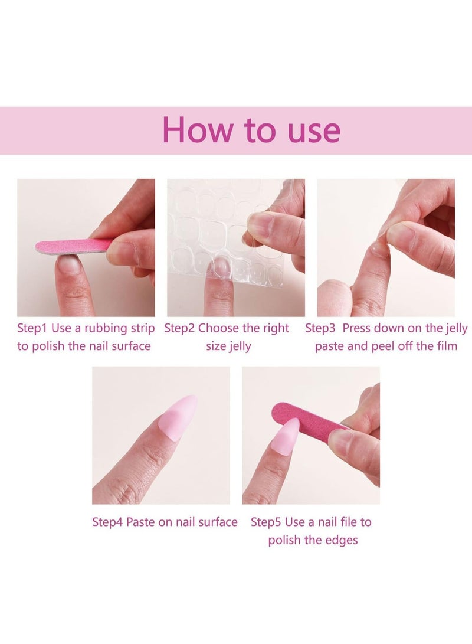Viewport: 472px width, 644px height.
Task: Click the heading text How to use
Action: coord(251,130)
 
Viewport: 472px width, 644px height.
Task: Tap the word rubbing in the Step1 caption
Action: coord(102,328)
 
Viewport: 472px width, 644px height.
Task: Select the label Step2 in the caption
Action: coord(179,328)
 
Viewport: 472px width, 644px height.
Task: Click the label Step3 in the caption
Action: coord(320,328)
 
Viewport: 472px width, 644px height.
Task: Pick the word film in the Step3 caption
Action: coord(446,346)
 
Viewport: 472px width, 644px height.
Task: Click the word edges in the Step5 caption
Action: coord(341,540)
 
